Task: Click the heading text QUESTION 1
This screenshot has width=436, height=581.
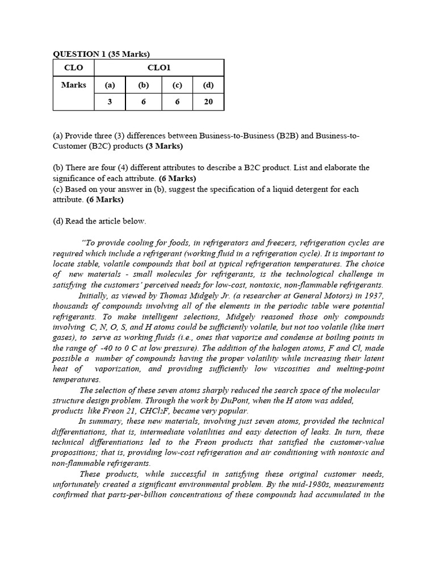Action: click(x=81, y=54)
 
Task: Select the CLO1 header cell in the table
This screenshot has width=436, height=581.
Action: click(x=159, y=68)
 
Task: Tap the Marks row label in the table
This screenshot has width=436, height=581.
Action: click(x=73, y=85)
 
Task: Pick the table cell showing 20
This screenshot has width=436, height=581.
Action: click(x=208, y=102)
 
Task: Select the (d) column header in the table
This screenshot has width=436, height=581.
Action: click(x=208, y=85)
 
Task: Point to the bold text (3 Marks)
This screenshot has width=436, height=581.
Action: click(x=164, y=146)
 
